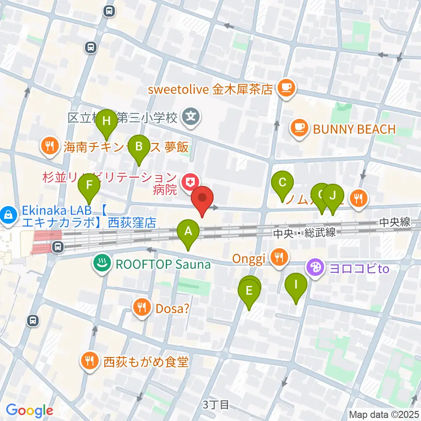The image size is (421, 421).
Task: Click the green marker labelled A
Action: [x=188, y=232]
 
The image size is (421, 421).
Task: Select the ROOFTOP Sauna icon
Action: [x=102, y=264]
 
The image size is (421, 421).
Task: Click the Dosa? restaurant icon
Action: [x=142, y=308]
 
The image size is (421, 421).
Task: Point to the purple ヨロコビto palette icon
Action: [x=316, y=267]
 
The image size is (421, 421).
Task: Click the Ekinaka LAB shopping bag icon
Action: [x=8, y=215]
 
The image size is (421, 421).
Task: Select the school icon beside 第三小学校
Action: [x=191, y=117]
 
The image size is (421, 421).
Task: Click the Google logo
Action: [x=30, y=410]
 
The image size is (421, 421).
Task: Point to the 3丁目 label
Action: [x=216, y=404]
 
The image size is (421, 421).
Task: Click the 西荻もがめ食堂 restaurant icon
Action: [x=90, y=361]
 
